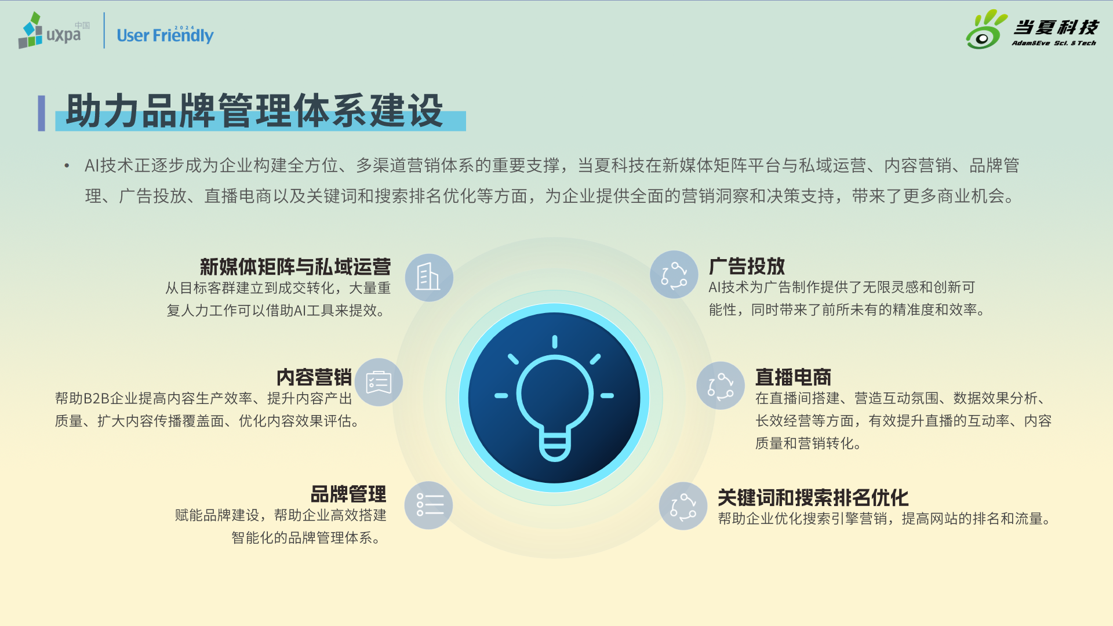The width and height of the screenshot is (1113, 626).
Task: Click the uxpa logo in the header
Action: (54, 30)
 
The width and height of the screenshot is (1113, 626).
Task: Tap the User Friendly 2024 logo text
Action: (165, 35)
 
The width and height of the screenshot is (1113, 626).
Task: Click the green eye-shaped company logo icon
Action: (985, 30)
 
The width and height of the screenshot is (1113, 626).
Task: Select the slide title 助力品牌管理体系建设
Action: (254, 110)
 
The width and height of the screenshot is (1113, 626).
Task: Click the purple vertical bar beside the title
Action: (41, 113)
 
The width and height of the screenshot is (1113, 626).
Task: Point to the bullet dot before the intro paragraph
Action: (67, 166)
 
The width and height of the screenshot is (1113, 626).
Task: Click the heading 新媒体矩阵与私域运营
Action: (295, 267)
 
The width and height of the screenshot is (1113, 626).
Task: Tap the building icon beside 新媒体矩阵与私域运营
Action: (429, 278)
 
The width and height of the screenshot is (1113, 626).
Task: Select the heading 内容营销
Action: (314, 377)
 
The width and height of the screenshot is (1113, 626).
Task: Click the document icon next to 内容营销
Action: (379, 383)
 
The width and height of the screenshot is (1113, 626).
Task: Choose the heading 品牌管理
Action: (348, 494)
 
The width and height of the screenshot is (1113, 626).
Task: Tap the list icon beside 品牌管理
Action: (429, 505)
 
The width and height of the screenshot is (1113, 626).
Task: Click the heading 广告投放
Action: (747, 266)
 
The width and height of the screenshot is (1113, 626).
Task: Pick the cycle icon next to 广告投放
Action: (674, 275)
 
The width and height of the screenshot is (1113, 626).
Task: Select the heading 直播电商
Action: (793, 377)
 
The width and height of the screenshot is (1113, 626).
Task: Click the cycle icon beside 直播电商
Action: (721, 386)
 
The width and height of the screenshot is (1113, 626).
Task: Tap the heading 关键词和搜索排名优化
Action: (813, 498)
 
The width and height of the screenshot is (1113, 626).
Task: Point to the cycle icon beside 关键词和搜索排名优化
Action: (683, 506)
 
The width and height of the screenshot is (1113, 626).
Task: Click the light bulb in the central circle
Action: (554, 398)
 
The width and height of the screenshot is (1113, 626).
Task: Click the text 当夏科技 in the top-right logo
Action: (1056, 27)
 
